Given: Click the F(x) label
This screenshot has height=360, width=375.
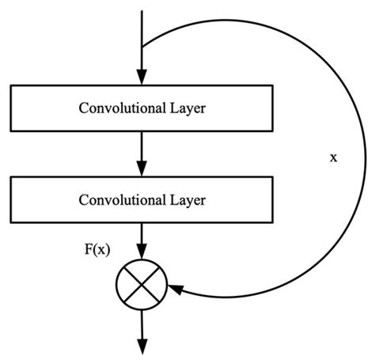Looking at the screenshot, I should [x=97, y=248].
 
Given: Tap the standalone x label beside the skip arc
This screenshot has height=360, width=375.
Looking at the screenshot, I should [x=333, y=157].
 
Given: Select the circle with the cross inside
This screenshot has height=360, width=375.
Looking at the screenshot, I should [x=140, y=283].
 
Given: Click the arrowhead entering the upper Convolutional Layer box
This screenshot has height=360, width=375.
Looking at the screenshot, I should [x=140, y=78].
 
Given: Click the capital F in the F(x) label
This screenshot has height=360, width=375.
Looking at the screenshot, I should [x=89, y=248].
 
